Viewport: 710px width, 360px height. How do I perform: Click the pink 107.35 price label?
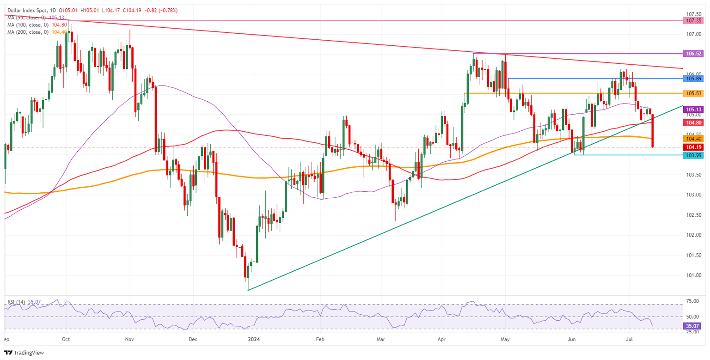693,21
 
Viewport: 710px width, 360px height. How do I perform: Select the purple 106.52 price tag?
693,54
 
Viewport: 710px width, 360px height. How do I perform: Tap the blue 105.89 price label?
693,79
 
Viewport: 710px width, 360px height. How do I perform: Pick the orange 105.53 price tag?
693,93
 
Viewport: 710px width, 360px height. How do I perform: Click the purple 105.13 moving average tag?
693,110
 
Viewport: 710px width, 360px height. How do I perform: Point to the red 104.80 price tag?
693,123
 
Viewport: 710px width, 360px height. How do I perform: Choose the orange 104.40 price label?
693,139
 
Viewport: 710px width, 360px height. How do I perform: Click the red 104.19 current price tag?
693,147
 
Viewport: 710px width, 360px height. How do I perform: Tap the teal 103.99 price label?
693,155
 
